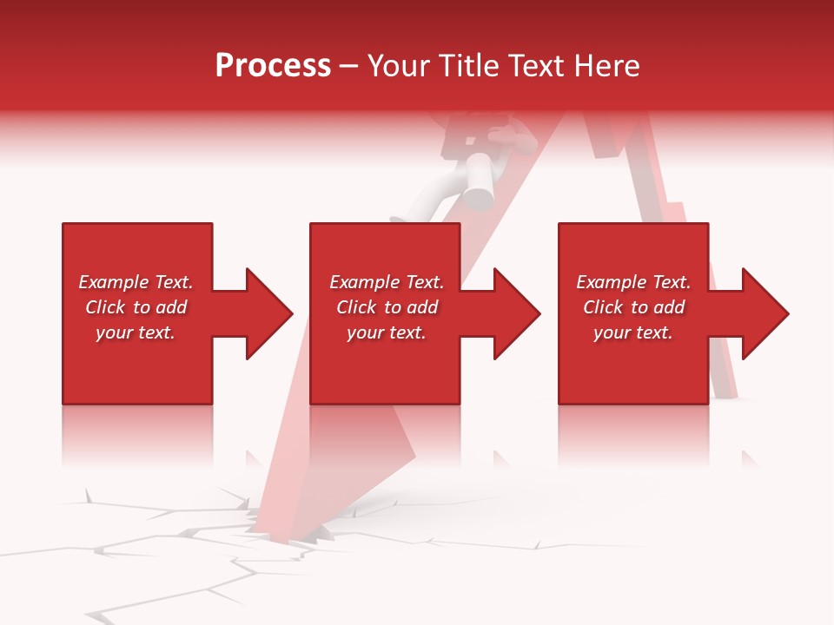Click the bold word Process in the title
click(273, 66)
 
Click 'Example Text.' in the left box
click(136, 282)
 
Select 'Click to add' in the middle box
click(387, 307)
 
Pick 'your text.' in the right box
click(633, 332)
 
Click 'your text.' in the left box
click(136, 332)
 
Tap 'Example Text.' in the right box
click(633, 282)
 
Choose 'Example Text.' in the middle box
click(387, 282)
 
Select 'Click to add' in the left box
click(136, 307)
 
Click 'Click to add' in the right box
click(633, 307)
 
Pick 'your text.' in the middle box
click(387, 332)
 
